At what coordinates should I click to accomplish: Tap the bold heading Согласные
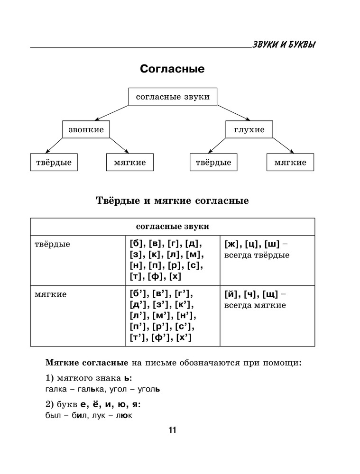(172, 69)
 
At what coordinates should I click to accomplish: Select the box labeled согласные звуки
(173, 97)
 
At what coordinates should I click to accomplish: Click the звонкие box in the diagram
(86, 129)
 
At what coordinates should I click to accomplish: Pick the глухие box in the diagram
(249, 129)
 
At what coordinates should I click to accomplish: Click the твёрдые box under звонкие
(54, 163)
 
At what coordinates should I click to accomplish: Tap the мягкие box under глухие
(290, 163)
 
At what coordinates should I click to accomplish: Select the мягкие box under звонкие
(130, 163)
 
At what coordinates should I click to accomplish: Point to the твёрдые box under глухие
(213, 163)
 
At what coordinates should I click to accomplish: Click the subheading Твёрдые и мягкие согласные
(172, 201)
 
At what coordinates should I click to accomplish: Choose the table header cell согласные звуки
(172, 227)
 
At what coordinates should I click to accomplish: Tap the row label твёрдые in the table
(53, 244)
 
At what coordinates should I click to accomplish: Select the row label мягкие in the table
(51, 294)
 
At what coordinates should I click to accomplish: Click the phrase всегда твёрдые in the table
(257, 255)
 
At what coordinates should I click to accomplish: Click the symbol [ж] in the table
(231, 244)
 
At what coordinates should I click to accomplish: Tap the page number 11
(172, 430)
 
